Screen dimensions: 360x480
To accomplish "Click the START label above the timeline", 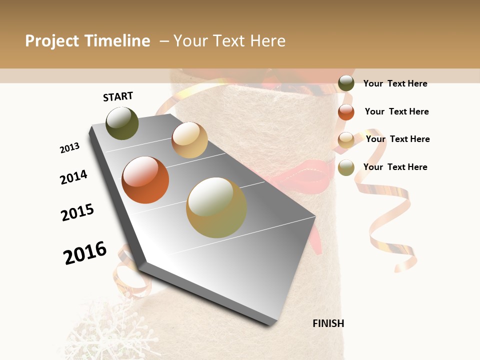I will [118, 96].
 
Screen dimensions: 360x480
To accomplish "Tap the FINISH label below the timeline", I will [328, 323].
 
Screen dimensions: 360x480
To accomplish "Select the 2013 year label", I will [69, 148].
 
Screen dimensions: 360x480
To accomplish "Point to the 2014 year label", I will [73, 177].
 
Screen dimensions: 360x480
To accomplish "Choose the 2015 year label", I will [77, 212].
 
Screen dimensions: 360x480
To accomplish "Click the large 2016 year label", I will [85, 252].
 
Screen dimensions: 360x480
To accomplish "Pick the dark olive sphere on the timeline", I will [122, 123].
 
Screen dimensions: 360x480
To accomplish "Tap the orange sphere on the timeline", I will [145, 180].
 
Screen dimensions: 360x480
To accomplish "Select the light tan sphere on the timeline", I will [189, 140].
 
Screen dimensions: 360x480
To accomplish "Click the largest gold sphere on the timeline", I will [216, 207].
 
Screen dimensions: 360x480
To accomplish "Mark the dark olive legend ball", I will [346, 83].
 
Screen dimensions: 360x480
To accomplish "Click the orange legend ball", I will [346, 112].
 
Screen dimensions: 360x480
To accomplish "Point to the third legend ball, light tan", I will [346, 140].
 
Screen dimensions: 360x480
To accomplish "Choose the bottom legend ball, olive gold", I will [346, 167].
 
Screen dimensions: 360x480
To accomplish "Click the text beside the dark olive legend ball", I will [395, 83].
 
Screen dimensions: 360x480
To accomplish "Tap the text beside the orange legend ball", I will [396, 111].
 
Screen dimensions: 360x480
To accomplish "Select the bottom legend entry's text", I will [395, 167].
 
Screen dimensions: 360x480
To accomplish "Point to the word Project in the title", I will [52, 41].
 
